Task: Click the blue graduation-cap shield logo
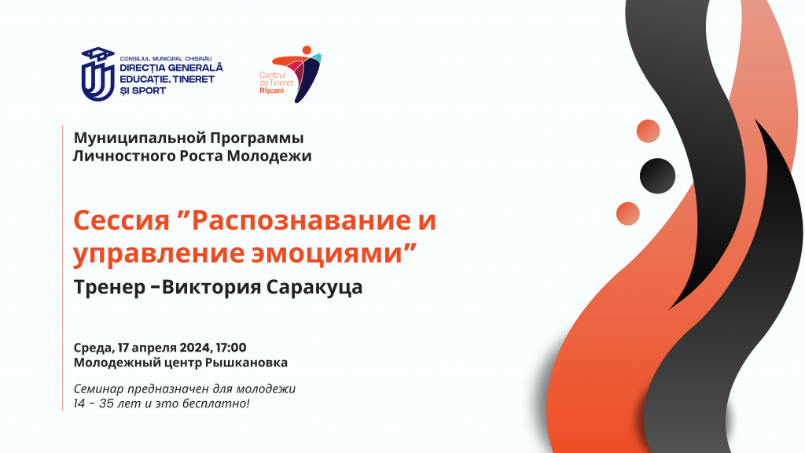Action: (x=98, y=74)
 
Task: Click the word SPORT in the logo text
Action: (x=149, y=91)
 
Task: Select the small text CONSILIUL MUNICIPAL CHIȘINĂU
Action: (x=166, y=59)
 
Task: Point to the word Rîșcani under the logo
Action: (x=271, y=91)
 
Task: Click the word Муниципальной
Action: (x=140, y=138)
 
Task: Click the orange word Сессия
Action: (x=121, y=220)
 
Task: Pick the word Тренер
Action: (x=109, y=287)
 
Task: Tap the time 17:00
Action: (x=231, y=348)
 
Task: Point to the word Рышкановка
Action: (x=246, y=363)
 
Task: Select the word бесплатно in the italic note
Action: (x=223, y=403)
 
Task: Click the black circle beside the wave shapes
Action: (x=658, y=175)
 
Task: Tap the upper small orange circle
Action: (x=649, y=131)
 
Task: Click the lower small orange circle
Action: (x=628, y=214)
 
